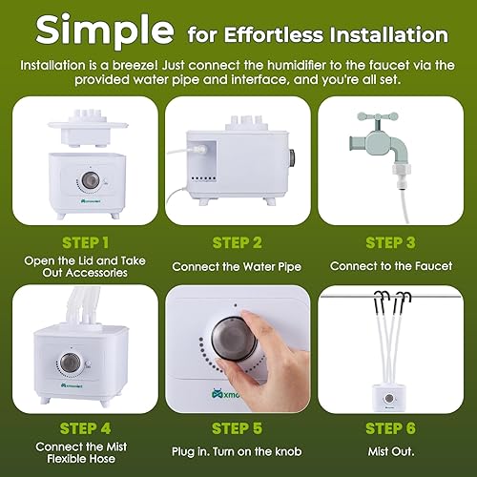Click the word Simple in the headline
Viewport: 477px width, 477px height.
click(99, 32)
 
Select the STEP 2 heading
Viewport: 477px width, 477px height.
click(238, 241)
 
